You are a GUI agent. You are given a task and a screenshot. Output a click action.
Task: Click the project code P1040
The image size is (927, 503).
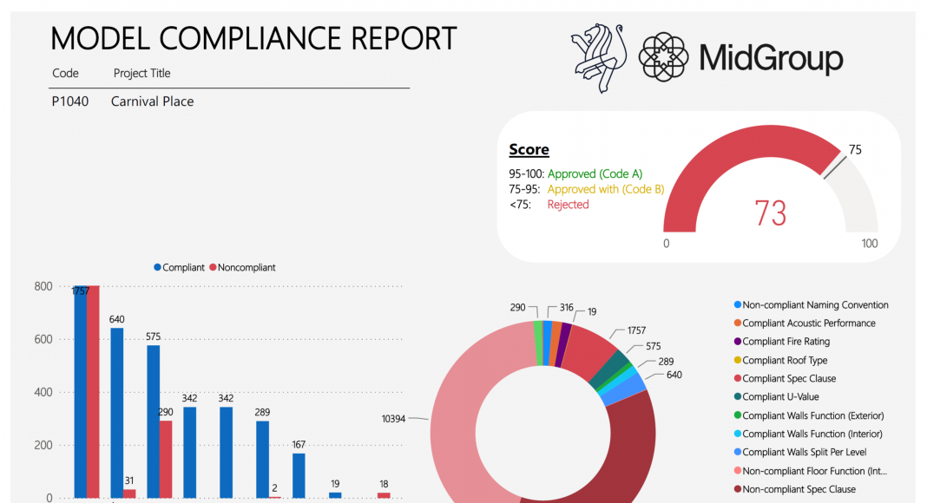point(70,101)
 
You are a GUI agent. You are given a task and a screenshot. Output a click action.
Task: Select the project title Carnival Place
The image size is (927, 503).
point(152,101)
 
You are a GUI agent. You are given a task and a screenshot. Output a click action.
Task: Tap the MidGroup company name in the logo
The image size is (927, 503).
point(771,58)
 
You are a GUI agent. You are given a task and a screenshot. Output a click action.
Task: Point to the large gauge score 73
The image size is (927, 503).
point(771,212)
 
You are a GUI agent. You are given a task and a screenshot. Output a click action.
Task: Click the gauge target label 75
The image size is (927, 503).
point(855,150)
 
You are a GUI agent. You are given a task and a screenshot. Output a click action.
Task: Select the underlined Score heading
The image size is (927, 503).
point(529,150)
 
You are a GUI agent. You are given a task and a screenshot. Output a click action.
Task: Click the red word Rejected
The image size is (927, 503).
point(568,205)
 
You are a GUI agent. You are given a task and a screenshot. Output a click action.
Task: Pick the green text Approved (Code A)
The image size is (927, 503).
point(595,173)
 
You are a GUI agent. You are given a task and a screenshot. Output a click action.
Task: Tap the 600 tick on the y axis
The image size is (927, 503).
point(43,340)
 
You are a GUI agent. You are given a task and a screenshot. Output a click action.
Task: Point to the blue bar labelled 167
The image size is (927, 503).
point(299,475)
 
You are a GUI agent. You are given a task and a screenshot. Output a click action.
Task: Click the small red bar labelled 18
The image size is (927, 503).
point(384,495)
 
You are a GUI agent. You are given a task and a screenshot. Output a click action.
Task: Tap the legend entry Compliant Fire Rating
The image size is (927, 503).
point(786,342)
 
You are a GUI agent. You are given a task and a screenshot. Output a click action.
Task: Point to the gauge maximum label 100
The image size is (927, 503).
point(870,244)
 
